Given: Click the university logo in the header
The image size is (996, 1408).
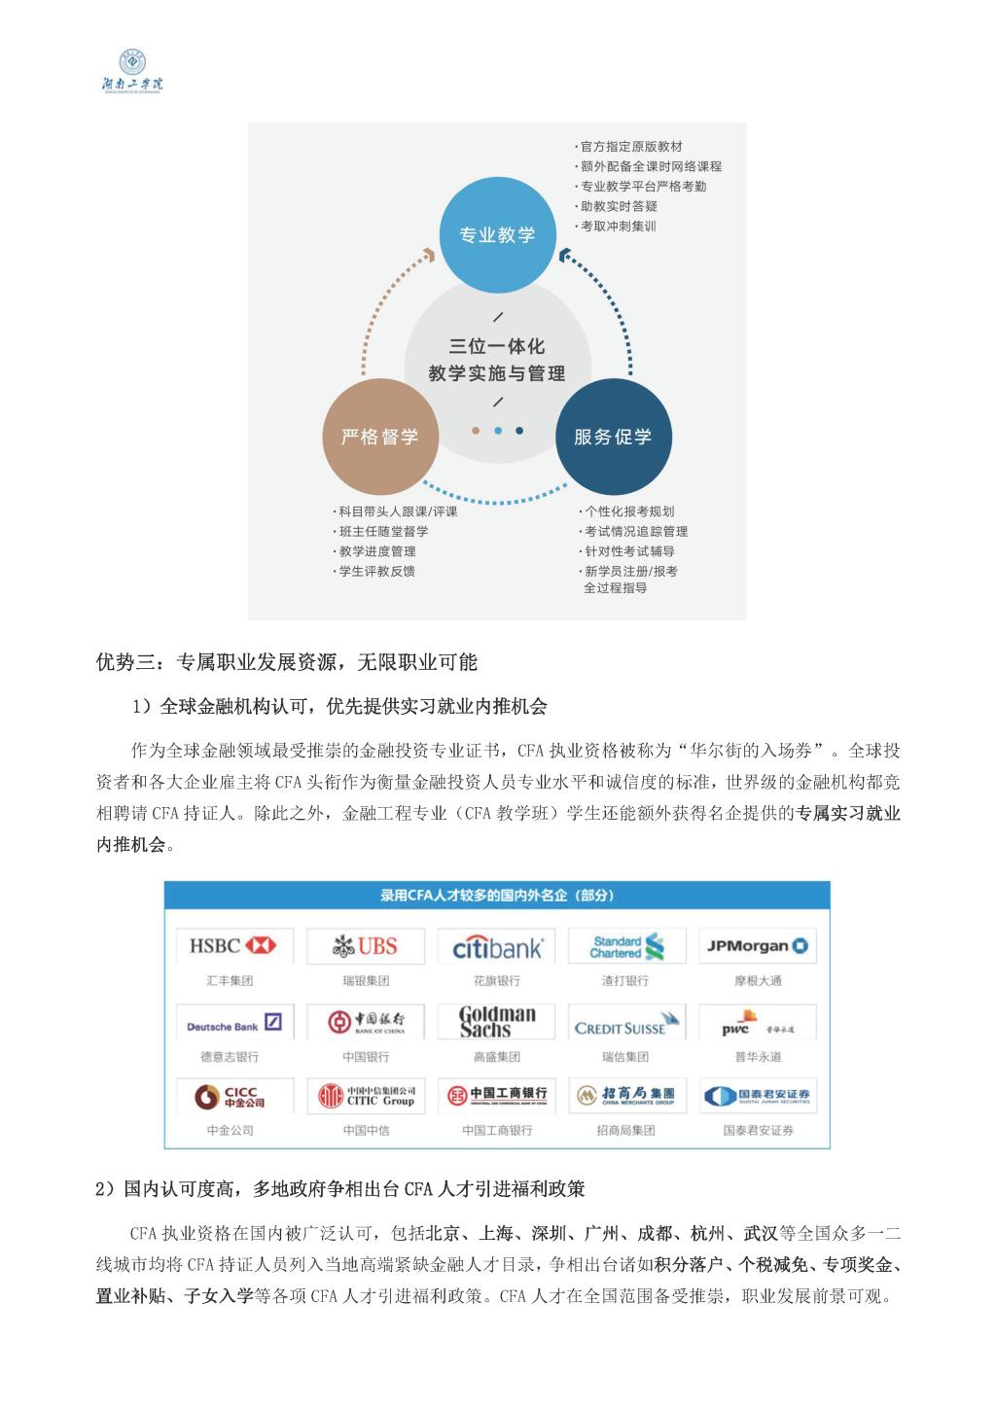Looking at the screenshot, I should click(133, 71).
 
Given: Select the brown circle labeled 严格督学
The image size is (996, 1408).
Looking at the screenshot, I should click(379, 437).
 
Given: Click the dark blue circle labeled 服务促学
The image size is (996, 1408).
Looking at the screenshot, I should click(612, 437).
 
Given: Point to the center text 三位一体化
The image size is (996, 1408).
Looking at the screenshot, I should click(497, 346).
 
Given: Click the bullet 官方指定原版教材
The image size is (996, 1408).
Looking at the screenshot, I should click(631, 147).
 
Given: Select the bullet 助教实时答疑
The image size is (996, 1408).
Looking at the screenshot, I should click(619, 206).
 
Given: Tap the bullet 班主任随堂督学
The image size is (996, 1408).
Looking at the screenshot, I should click(382, 532).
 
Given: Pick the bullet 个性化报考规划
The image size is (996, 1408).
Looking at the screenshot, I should click(627, 511).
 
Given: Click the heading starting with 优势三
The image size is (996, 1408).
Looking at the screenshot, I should click(287, 663).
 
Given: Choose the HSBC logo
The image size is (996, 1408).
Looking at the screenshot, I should click(232, 945).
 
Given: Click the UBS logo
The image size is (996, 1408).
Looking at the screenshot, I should click(365, 945).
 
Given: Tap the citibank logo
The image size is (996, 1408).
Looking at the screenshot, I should click(497, 946).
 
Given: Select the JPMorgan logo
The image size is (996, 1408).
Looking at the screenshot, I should click(758, 945).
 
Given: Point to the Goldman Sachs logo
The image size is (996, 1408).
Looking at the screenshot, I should click(497, 1021).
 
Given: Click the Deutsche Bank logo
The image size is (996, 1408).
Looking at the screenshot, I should click(232, 1024).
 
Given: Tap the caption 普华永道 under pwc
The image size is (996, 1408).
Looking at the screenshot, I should click(758, 1056).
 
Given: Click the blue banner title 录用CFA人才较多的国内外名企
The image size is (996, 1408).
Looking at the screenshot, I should click(497, 896).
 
